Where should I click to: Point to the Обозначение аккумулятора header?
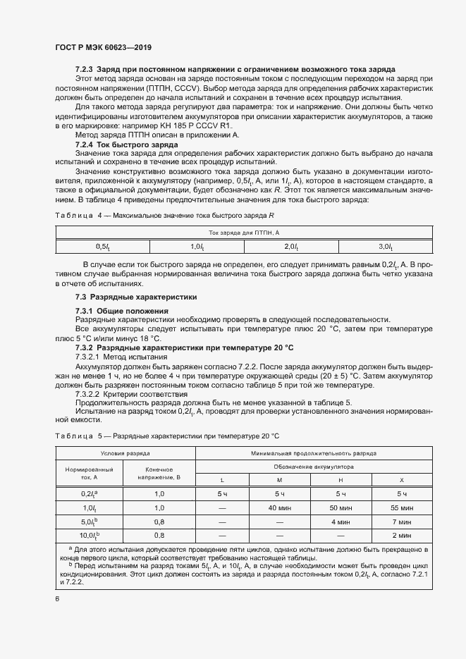314,467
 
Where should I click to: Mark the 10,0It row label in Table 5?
90,535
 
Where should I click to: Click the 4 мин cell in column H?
341,522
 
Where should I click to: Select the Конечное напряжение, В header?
159,474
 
